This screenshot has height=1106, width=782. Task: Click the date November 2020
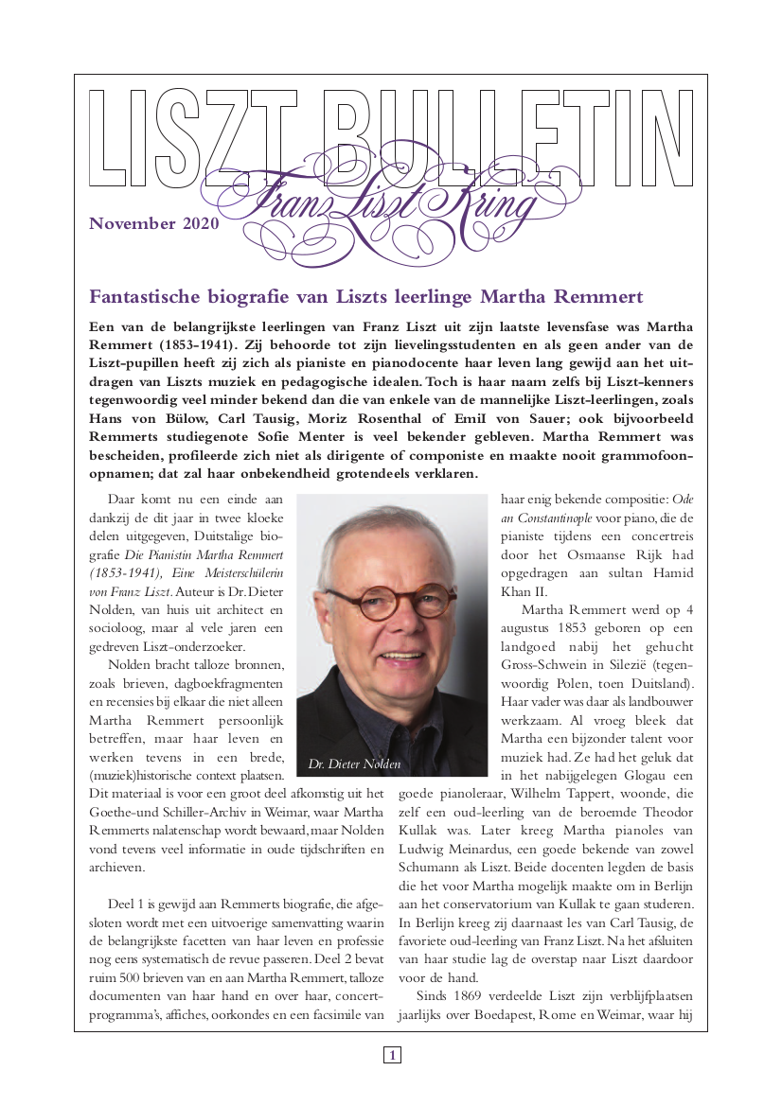point(153,224)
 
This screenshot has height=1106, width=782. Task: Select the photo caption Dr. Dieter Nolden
point(354,764)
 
